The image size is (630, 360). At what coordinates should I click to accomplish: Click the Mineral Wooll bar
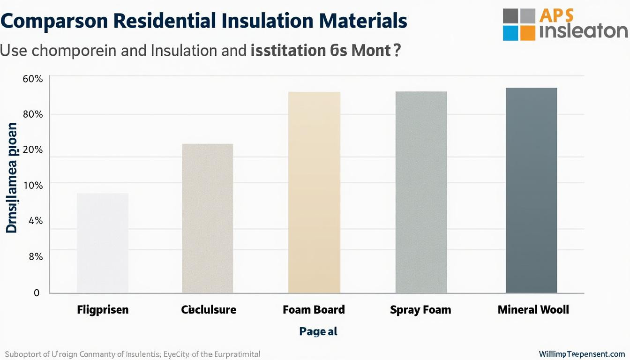tap(531, 190)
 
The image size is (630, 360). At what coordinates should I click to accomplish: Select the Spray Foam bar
tap(421, 192)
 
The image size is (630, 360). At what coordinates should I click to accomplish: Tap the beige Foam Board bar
tap(314, 192)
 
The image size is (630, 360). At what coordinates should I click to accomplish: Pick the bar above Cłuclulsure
tap(207, 218)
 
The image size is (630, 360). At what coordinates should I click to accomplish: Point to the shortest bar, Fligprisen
tap(102, 243)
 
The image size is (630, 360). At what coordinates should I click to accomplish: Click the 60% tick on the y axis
tap(33, 79)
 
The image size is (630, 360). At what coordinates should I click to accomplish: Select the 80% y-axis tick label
tap(33, 114)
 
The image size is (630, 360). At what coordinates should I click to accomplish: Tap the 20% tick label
tap(33, 150)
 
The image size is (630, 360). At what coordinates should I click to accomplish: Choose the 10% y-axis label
tap(33, 186)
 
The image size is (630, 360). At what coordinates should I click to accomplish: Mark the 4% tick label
tap(35, 221)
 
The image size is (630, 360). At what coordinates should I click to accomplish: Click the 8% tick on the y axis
tap(35, 256)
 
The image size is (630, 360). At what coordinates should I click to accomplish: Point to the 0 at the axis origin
tap(37, 293)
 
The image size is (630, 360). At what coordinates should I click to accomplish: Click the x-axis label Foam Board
tap(314, 310)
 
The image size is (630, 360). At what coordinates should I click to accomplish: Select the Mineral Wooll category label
tap(533, 310)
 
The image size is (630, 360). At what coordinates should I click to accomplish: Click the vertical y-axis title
tap(12, 178)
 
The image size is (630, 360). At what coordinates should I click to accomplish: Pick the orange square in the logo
tap(527, 32)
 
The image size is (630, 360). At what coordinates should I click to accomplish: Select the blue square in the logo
tap(510, 33)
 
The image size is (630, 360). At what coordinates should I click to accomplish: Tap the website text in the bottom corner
tap(581, 354)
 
